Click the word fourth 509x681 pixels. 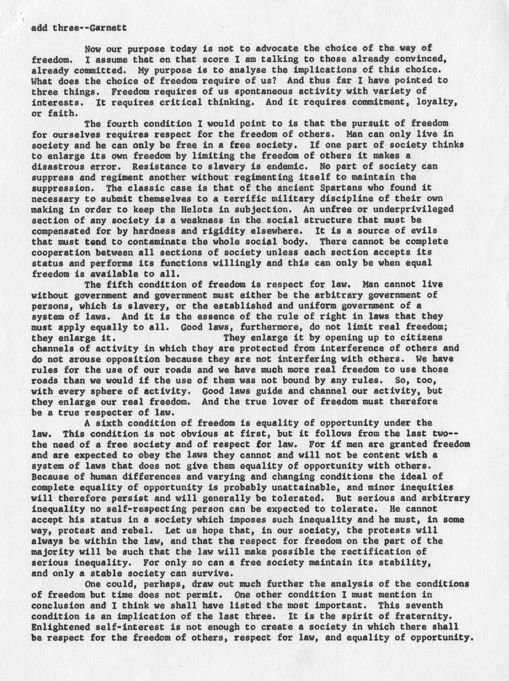click(x=122, y=123)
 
